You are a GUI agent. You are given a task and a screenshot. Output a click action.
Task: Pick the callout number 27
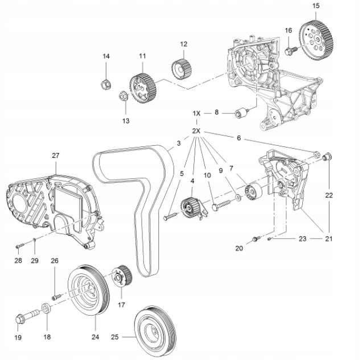(55, 156)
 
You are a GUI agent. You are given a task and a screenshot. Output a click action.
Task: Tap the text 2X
(196, 131)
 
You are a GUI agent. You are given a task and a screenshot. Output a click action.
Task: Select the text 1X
(196, 113)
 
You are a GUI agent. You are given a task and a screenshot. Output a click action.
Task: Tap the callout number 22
(329, 195)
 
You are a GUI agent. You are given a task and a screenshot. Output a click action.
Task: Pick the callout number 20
(239, 248)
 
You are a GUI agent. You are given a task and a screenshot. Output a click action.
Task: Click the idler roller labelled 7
(252, 193)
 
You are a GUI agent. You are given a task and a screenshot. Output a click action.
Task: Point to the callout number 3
(178, 143)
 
